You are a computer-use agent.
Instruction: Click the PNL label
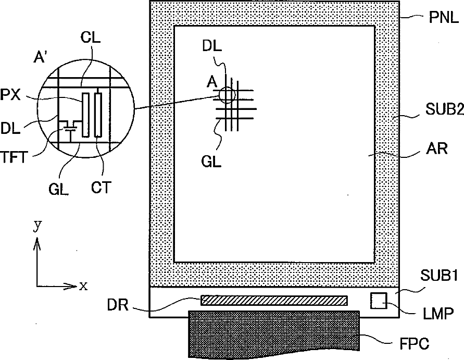(x=444, y=18)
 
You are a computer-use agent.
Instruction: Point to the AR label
(x=437, y=148)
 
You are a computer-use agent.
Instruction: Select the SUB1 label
(x=439, y=276)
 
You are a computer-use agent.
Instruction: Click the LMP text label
(x=438, y=314)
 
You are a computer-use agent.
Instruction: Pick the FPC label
(x=415, y=344)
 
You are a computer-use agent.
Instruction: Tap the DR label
(x=118, y=305)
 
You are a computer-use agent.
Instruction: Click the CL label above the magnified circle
(x=90, y=38)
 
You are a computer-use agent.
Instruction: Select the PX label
(x=10, y=95)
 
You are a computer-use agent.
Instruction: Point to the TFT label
(x=14, y=157)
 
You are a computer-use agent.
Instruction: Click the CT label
(x=101, y=188)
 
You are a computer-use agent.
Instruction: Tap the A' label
(x=40, y=57)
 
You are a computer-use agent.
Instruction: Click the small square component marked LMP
(x=379, y=301)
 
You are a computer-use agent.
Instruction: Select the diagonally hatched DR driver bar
(x=274, y=300)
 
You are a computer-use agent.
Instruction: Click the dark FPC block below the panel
(x=274, y=334)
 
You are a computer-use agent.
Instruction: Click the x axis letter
(x=83, y=286)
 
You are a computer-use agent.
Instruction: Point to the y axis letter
(x=37, y=226)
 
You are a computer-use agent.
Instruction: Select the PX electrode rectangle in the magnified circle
(x=85, y=115)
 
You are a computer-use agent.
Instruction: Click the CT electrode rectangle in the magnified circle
(x=98, y=115)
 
